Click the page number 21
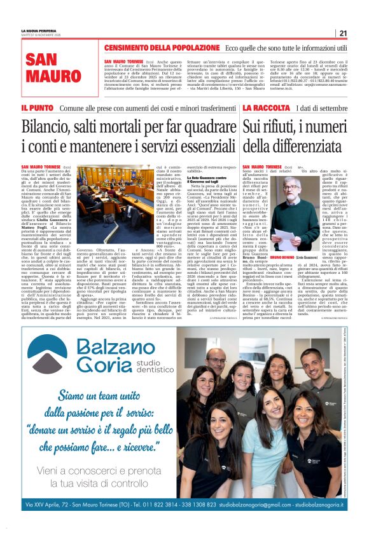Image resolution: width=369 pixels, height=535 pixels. pyautogui.click(x=342, y=34)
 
